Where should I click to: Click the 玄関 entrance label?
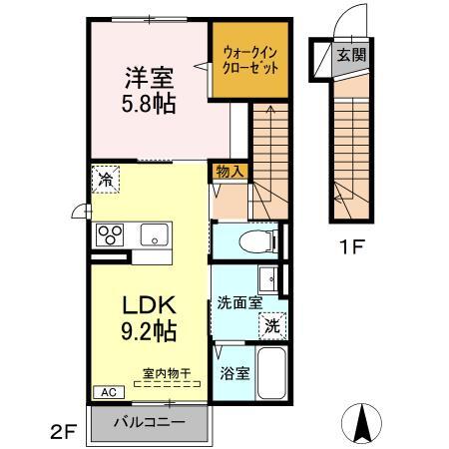tap(349, 55)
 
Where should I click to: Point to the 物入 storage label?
tap(228, 171)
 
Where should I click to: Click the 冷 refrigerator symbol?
tap(105, 181)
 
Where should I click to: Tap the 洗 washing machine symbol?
tap(272, 323)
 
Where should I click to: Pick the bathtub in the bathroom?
tap(271, 376)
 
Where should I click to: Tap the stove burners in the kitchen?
tap(109, 235)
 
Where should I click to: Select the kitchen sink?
tap(154, 235)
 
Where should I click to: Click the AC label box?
tap(105, 392)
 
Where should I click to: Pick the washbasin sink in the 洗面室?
tap(268, 277)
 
